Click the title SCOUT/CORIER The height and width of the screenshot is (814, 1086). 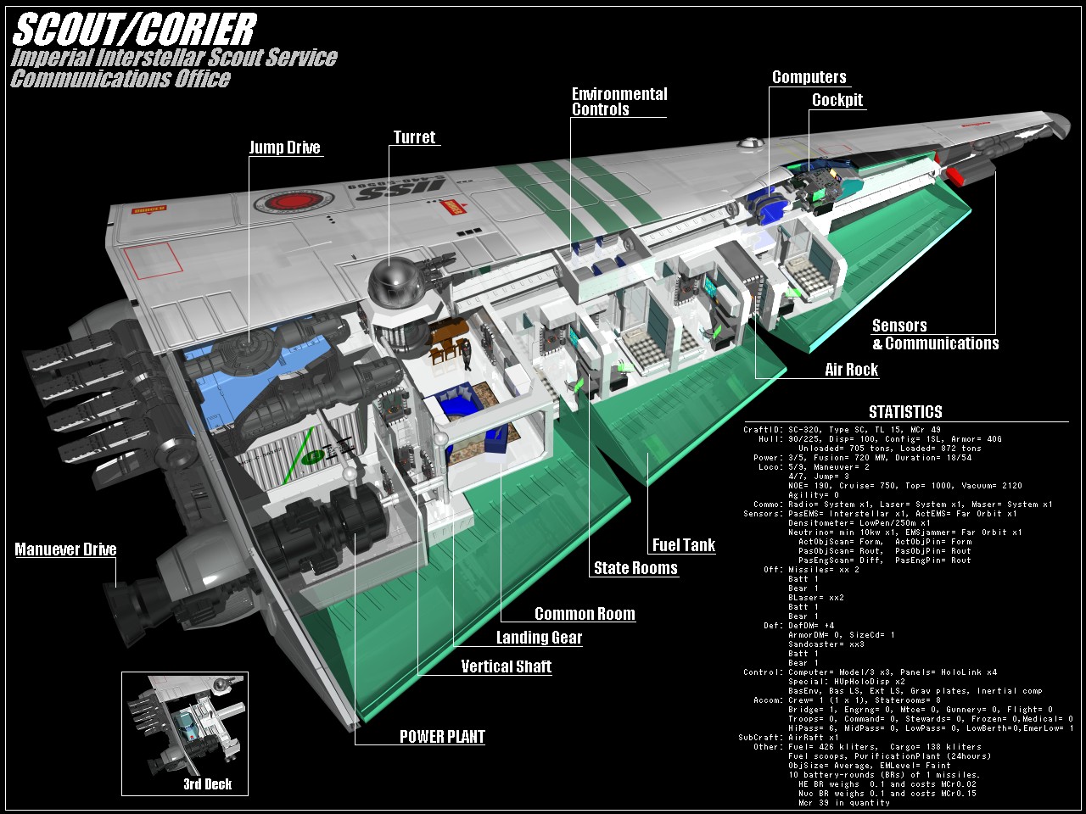point(134,30)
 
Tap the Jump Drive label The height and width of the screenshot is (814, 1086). point(284,148)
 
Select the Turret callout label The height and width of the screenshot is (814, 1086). point(414,137)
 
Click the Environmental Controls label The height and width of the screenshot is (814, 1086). point(619,102)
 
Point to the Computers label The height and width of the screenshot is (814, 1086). point(809,77)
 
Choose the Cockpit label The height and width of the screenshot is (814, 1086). point(837,100)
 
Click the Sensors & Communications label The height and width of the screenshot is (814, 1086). point(934,334)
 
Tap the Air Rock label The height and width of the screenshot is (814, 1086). point(851,370)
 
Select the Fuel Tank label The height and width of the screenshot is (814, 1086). point(683,545)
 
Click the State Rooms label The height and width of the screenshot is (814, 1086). point(635,568)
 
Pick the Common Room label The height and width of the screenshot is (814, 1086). point(585,614)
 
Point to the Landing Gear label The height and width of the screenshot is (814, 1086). point(539,638)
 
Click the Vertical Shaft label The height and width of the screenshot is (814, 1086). point(506,666)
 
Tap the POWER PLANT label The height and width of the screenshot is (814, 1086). point(442,736)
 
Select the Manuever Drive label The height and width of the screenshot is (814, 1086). point(65,549)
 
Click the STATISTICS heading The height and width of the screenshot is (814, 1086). point(905,412)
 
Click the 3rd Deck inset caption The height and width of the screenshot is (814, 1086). point(207,783)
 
